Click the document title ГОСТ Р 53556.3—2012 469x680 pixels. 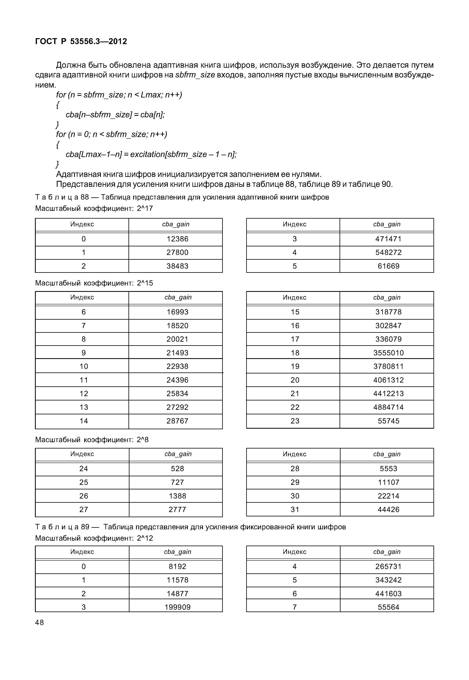click(x=81, y=41)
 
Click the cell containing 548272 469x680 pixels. click(x=388, y=252)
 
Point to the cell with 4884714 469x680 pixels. click(x=388, y=407)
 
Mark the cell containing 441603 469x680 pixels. click(x=388, y=594)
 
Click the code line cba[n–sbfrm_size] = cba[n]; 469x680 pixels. click(x=115, y=115)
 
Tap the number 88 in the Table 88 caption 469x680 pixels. click(x=85, y=197)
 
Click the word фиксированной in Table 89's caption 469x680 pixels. click(x=262, y=527)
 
